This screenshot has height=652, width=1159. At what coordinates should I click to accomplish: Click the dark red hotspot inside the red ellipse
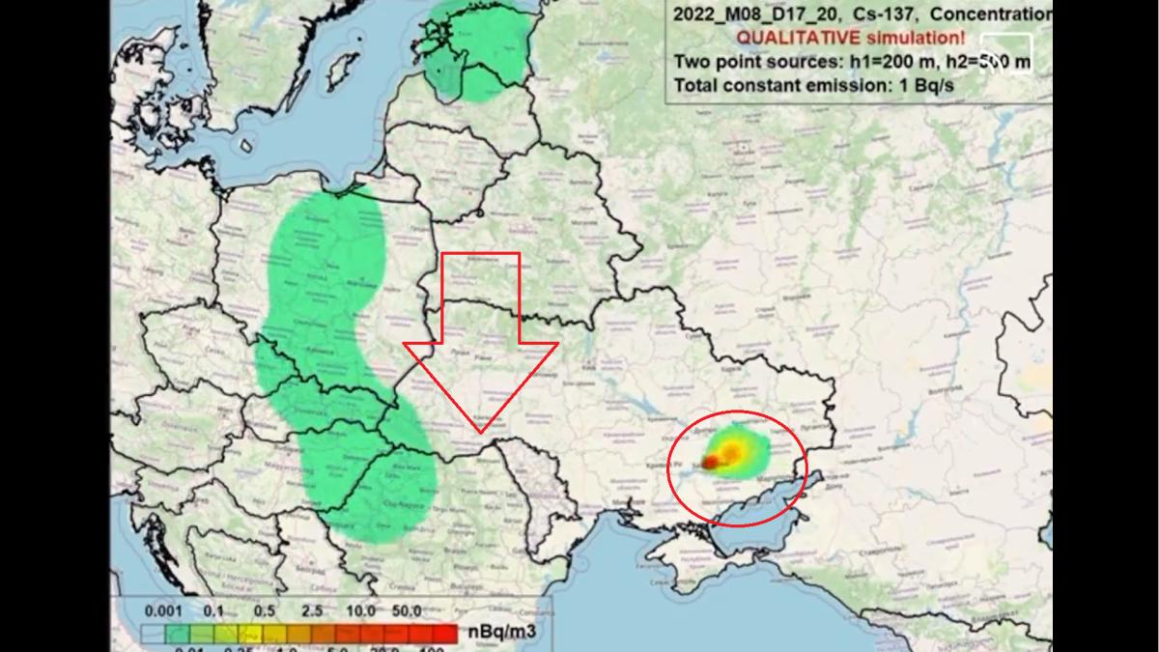pos(710,464)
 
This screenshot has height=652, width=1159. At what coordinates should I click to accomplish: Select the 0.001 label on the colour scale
pos(163,611)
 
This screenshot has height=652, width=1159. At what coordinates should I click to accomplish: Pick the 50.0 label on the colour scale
pos(406,611)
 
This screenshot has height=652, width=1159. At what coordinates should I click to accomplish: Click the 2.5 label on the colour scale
pos(312,611)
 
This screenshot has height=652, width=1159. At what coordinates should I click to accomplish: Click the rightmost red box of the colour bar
pos(444,634)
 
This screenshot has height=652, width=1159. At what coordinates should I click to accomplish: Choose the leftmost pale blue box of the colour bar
pos(153,635)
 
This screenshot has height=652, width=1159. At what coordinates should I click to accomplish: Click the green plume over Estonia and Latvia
pos(473,48)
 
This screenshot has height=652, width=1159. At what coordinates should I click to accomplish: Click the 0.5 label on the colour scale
pos(263,611)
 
